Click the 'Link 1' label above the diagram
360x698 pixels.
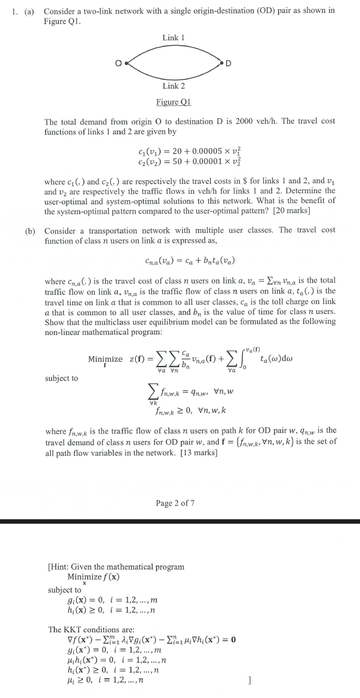(171, 38)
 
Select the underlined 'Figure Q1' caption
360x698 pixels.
(173, 102)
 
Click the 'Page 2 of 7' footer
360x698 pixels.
(174, 502)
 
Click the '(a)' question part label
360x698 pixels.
(30, 11)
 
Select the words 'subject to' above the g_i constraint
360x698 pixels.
(63, 590)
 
